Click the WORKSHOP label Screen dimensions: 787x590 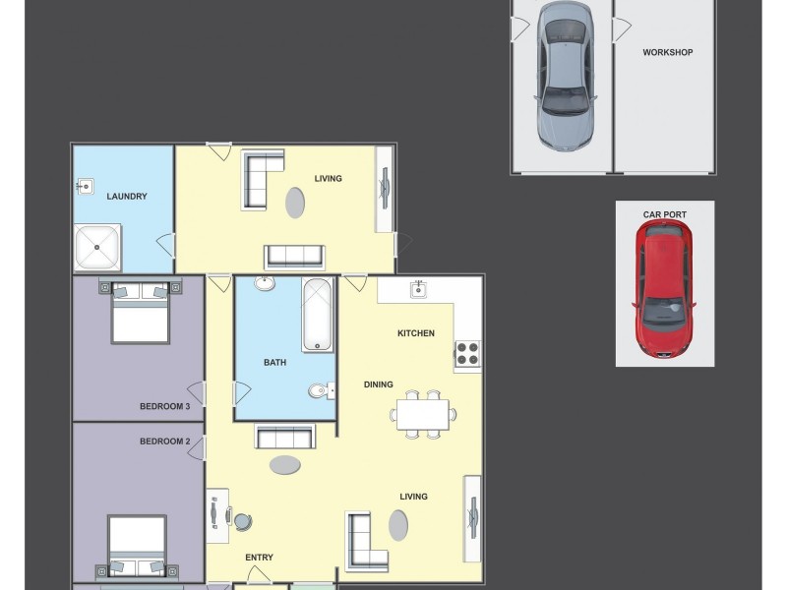tap(668, 52)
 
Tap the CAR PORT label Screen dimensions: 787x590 tap(665, 214)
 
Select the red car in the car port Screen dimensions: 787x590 tap(664, 289)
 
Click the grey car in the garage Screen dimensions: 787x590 tap(565, 77)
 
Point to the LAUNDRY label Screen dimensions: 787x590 tap(127, 196)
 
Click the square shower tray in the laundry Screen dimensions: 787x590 tap(97, 247)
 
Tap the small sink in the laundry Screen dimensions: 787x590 tap(86, 187)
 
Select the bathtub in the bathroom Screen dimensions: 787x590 tap(317, 315)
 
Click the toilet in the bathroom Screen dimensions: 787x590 tap(322, 390)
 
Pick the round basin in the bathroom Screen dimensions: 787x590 tap(265, 283)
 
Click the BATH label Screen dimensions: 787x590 tap(275, 362)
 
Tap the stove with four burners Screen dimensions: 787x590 tap(468, 353)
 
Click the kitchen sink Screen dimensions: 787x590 tap(419, 289)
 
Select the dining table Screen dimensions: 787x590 tap(423, 414)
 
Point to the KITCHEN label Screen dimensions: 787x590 tap(416, 333)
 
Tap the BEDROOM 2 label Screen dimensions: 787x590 tap(164, 442)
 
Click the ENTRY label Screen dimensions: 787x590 tap(259, 558)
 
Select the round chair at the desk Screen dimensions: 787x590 tap(242, 522)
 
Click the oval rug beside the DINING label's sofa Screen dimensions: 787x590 tap(285, 465)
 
